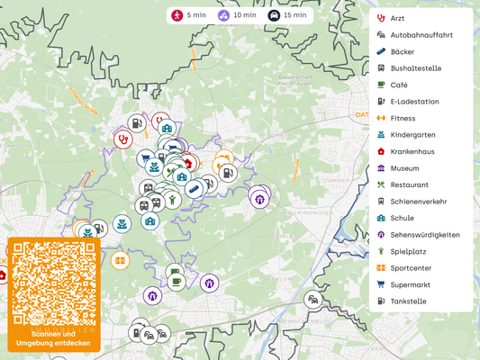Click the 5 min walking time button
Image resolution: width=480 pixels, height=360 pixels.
tap(190, 15)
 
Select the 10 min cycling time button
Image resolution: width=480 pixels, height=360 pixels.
tap(237, 15)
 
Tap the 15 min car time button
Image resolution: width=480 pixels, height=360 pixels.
tap(287, 15)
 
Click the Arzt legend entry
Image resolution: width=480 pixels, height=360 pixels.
tap(396, 18)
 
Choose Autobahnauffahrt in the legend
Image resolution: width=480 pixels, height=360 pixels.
tap(420, 35)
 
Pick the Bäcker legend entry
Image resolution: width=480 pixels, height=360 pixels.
tap(402, 51)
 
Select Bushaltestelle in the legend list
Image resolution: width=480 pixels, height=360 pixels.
tap(415, 68)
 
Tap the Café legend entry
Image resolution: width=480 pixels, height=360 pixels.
tap(398, 85)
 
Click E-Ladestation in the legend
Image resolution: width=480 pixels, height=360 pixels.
tap(414, 102)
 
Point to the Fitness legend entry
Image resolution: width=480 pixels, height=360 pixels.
tap(402, 118)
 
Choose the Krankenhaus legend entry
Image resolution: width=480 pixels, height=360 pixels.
tap(412, 151)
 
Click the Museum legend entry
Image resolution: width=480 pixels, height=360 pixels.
tap(404, 168)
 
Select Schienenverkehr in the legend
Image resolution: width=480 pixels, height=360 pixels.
tap(418, 202)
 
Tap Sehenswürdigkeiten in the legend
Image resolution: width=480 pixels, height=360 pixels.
tap(424, 235)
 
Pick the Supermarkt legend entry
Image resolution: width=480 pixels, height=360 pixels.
tap(411, 284)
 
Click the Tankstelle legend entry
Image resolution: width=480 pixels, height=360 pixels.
tap(408, 301)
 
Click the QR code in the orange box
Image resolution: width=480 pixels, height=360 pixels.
tap(53, 283)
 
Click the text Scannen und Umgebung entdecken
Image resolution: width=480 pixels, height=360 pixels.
tap(53, 338)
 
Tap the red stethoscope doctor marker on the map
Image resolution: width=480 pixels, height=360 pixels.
tap(122, 139)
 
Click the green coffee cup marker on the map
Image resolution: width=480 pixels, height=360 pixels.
tap(177, 281)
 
